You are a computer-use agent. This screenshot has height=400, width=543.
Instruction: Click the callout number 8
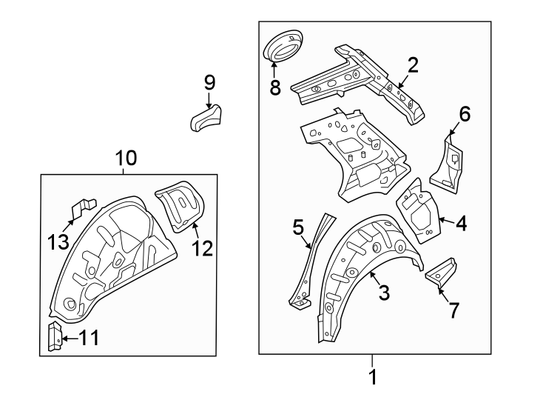point(275,87)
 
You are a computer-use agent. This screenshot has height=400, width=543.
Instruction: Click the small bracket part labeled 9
point(206,119)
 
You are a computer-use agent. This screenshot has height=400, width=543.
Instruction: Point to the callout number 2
point(413,64)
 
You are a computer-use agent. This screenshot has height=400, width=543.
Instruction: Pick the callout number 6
point(465,114)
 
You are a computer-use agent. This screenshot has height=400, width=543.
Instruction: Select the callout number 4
point(461,222)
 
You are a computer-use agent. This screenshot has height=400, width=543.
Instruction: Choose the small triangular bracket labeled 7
point(441,271)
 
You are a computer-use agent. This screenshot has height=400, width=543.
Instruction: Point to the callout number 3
point(384,293)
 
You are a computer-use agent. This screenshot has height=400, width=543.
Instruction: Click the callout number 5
point(298,227)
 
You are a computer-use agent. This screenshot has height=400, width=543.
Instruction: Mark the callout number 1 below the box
point(373,377)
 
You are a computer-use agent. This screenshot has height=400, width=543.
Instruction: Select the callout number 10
point(126,158)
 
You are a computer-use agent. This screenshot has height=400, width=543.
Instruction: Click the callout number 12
point(203,248)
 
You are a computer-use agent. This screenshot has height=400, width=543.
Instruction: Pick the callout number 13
point(58,241)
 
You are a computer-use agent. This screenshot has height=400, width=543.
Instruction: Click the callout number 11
point(88,339)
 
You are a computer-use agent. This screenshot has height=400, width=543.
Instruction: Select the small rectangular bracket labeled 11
point(53,336)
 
